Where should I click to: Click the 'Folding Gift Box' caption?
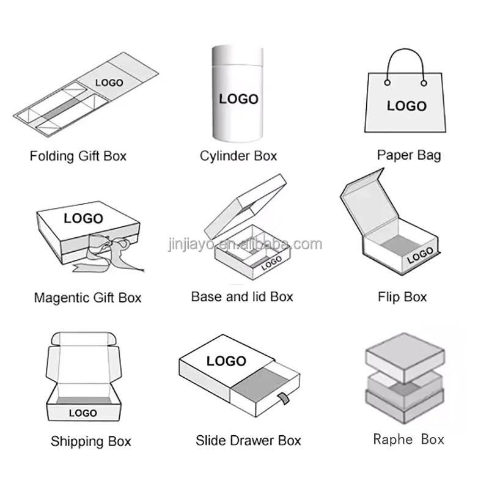click(78, 156)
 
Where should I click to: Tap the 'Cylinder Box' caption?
click(238, 156)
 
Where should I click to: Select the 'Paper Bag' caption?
click(408, 155)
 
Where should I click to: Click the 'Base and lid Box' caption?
click(242, 297)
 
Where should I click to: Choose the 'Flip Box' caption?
click(402, 298)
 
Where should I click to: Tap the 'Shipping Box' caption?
click(90, 441)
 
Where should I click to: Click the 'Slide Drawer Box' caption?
click(248, 440)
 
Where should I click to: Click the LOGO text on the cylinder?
click(238, 98)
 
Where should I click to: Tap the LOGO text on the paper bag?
click(406, 106)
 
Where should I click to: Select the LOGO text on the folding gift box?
click(109, 83)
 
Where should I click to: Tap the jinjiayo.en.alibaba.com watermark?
click(244, 244)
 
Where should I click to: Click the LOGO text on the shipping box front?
click(83, 414)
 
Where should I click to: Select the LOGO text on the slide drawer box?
click(226, 361)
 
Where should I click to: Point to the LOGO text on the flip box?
click(420, 256)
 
